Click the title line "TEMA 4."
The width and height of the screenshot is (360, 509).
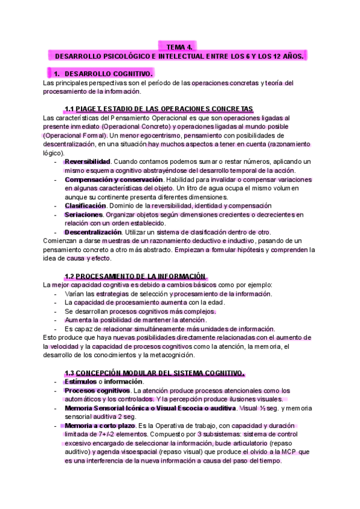click(180, 46)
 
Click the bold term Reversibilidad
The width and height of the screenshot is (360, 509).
click(88, 162)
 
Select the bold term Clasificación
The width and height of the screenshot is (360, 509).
click(86, 206)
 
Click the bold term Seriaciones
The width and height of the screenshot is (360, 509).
click(83, 214)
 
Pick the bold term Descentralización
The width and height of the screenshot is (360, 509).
click(93, 232)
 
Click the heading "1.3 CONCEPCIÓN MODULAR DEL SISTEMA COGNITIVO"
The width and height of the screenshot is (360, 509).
click(154, 373)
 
